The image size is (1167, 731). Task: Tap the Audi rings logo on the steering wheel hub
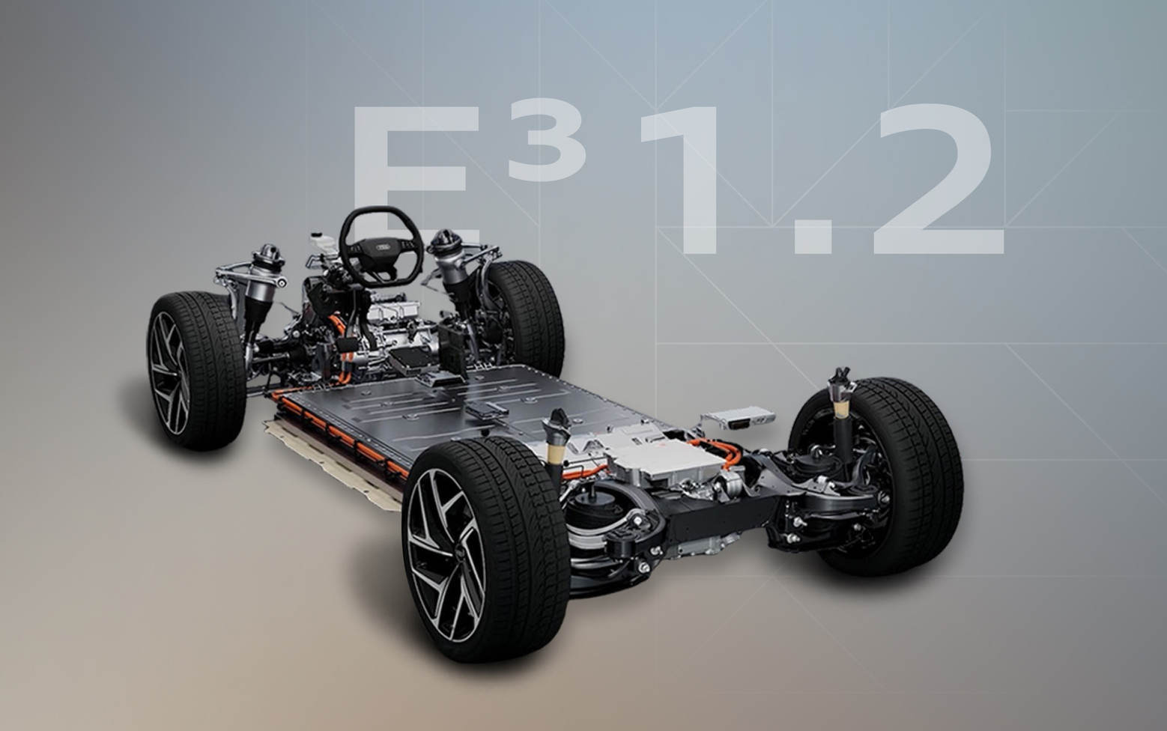point(383,244)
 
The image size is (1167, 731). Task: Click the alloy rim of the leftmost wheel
point(169,372)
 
